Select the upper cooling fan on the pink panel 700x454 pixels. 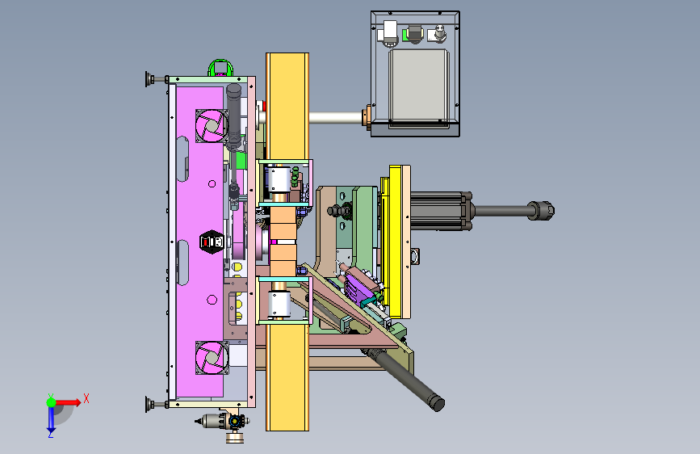click(x=212, y=125)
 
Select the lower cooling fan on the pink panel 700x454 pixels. click(x=212, y=358)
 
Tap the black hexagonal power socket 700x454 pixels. click(x=212, y=242)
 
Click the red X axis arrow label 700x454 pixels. click(x=86, y=398)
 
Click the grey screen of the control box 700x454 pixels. click(x=418, y=86)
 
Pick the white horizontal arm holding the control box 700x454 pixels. click(x=336, y=118)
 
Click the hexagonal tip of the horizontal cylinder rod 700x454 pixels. click(x=541, y=211)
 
